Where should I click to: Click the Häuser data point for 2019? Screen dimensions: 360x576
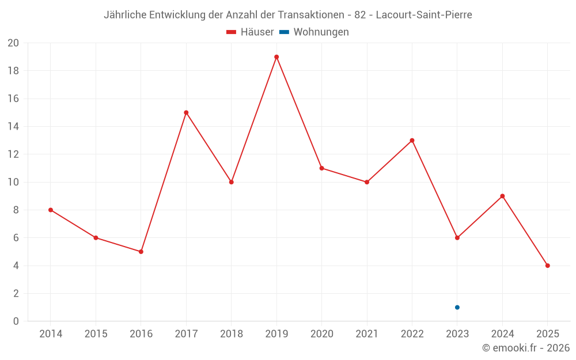pyautogui.click(x=276, y=57)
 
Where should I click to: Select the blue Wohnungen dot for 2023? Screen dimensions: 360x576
pyautogui.click(x=457, y=307)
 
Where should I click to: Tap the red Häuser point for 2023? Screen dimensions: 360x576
pyautogui.click(x=457, y=238)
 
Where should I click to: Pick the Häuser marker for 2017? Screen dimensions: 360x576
pyautogui.click(x=186, y=113)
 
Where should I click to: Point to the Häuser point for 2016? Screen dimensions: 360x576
pyautogui.click(x=141, y=252)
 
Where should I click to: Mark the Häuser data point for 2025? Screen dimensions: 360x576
pyautogui.click(x=548, y=266)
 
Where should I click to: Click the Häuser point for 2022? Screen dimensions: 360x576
pyautogui.click(x=412, y=141)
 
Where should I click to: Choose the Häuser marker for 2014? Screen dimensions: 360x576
pyautogui.click(x=51, y=210)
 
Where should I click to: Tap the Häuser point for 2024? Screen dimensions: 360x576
pyautogui.click(x=502, y=196)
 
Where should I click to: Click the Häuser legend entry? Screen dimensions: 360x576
pyautogui.click(x=251, y=32)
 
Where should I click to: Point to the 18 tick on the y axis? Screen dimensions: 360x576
pyautogui.click(x=13, y=71)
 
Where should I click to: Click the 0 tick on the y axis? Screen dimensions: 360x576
pyautogui.click(x=16, y=321)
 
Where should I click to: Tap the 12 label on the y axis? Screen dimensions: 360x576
pyautogui.click(x=13, y=154)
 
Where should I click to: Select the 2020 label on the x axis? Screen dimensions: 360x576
pyautogui.click(x=321, y=334)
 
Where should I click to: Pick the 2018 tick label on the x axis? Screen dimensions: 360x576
pyautogui.click(x=232, y=334)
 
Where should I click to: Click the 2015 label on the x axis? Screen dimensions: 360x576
pyautogui.click(x=96, y=334)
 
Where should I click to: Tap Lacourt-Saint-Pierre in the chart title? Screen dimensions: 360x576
pyautogui.click(x=424, y=15)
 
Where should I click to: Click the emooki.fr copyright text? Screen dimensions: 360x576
pyautogui.click(x=526, y=348)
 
